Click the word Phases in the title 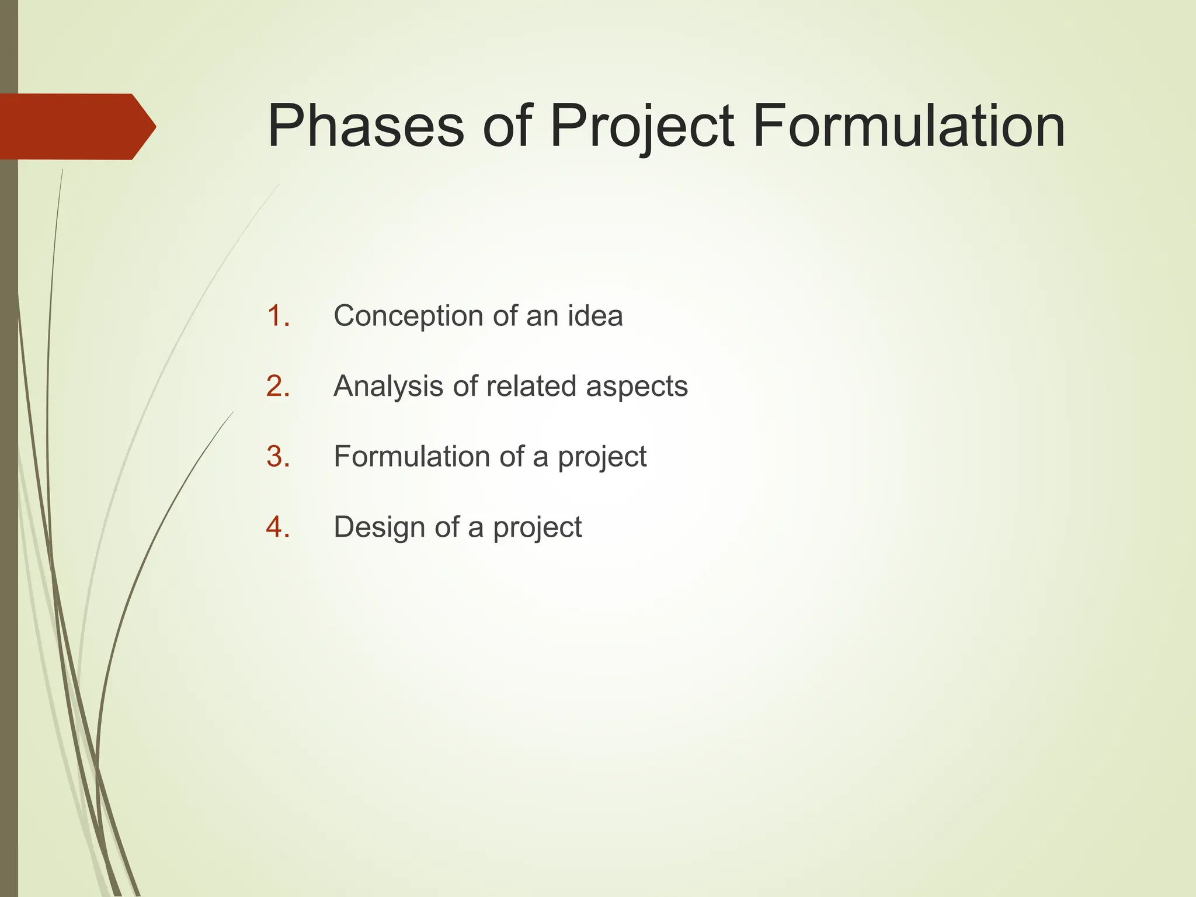[366, 126]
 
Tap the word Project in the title [642, 126]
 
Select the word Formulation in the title [908, 126]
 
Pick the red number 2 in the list [279, 387]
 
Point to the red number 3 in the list [279, 457]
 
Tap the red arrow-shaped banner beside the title [70, 127]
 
